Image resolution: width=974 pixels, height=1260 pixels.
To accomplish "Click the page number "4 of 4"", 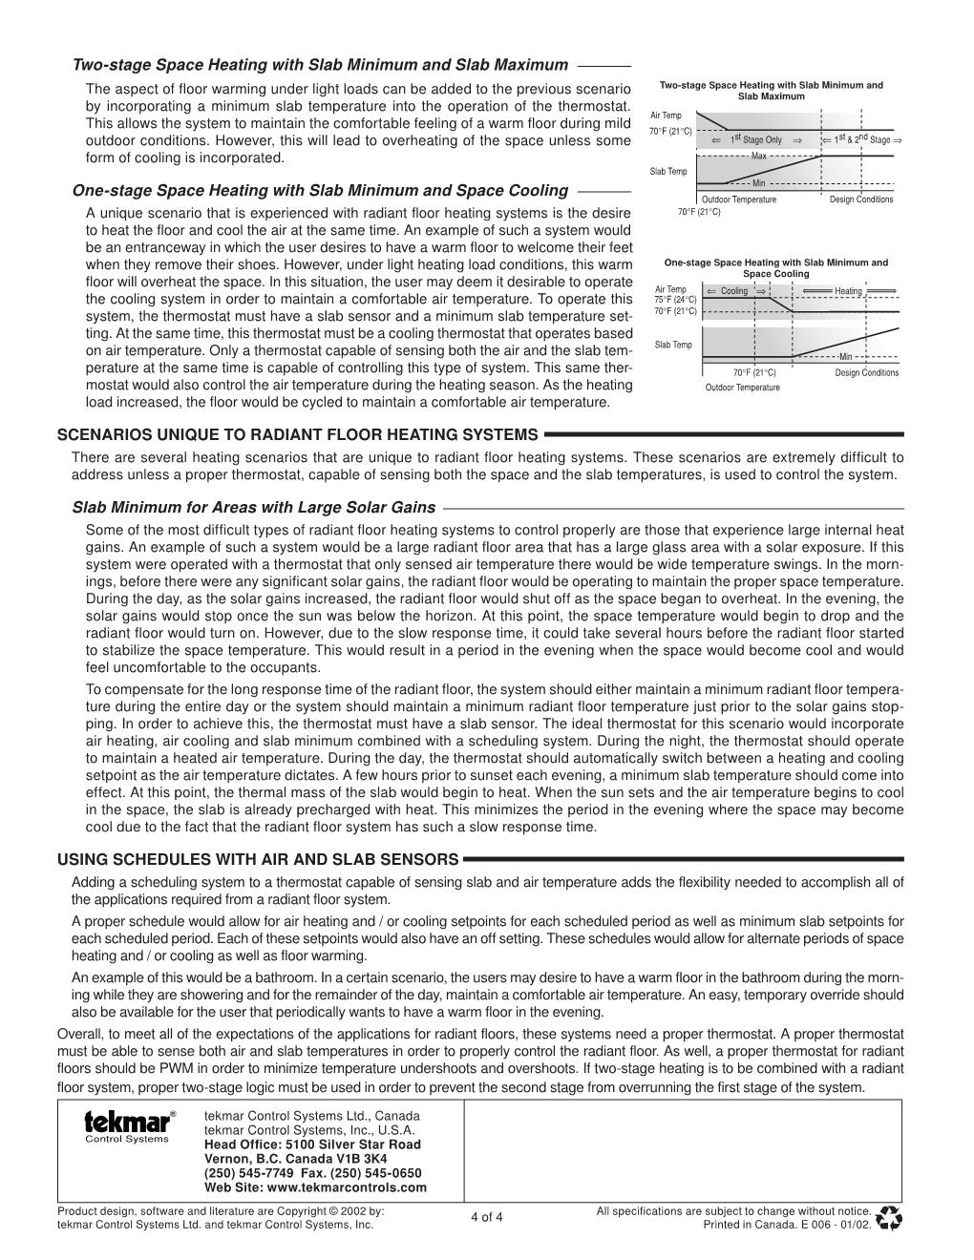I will pos(487,1217).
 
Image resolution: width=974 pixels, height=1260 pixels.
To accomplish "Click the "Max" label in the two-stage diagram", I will pos(759,155).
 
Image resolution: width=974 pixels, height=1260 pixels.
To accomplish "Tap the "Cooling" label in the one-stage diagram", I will pos(734,291).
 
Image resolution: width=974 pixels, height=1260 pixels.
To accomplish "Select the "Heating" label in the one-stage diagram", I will pos(848,291).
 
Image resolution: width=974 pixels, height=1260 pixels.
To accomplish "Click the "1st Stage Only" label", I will pos(755,140).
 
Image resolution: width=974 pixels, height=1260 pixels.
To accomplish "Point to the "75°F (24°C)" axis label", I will pos(675,300).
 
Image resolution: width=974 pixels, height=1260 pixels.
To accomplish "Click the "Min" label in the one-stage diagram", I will pos(845,357).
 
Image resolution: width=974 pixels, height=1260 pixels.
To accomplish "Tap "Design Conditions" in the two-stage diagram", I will pos(861,199).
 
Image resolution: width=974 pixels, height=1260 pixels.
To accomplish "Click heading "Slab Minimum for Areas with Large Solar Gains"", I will pos(254,508).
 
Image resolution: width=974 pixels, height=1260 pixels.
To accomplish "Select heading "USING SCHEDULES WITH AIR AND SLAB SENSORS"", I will pos(258,859).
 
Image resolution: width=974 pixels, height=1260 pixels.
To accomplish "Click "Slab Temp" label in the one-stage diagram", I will pos(673,345).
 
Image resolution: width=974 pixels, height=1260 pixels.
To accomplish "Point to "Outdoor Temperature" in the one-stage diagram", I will pos(742,388).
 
